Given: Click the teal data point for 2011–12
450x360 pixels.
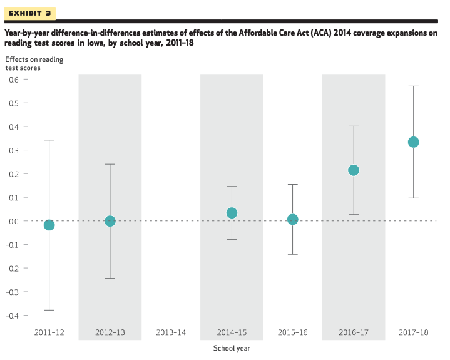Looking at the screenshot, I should (49, 225).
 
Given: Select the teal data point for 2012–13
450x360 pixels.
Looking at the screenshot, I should (110, 221).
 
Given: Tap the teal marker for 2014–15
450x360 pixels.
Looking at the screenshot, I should (232, 213).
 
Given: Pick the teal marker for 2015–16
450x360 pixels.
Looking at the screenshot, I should (292, 219).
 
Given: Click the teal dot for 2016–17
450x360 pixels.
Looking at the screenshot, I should (354, 170).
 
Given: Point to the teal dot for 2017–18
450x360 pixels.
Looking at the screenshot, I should (414, 142).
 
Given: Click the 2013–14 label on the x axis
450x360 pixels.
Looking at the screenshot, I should (171, 332).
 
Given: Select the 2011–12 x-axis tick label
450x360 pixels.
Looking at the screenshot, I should (49, 332).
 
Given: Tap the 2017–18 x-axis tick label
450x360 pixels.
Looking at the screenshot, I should (414, 332).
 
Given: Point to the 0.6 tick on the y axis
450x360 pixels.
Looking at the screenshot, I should (14, 80).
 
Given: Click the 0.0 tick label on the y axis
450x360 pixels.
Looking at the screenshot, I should (14, 221).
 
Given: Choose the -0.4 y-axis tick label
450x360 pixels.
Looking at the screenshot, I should (13, 316).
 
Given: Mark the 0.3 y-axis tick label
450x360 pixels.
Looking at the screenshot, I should (14, 150).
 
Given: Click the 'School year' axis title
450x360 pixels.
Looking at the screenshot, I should (232, 349).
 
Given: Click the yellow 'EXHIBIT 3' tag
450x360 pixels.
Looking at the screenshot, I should (30, 13).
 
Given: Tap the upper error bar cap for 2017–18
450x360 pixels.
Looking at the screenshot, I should (414, 86).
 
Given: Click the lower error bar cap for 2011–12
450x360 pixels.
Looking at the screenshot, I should (49, 310).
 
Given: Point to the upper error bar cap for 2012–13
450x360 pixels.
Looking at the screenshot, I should (110, 164).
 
